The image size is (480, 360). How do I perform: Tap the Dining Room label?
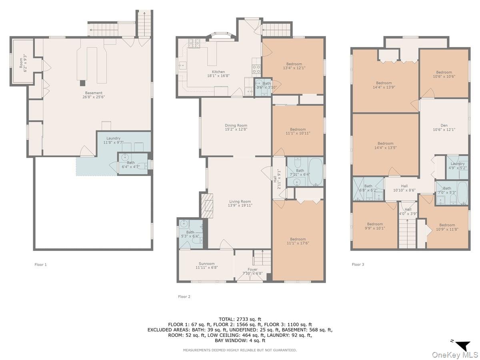click(236, 127)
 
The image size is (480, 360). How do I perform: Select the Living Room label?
click(240, 203)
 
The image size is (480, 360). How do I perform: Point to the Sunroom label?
click(206, 265)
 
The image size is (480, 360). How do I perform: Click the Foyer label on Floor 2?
click(252, 271)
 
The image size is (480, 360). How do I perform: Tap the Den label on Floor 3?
click(444, 127)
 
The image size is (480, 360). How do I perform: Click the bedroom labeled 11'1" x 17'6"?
click(298, 241)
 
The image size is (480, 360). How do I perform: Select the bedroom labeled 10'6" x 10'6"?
click(444, 74)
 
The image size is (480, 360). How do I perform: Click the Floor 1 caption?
click(40, 264)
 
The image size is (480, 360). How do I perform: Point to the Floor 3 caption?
click(358, 264)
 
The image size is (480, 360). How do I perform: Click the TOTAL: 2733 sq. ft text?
click(240, 319)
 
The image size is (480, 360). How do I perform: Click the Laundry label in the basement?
click(113, 140)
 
